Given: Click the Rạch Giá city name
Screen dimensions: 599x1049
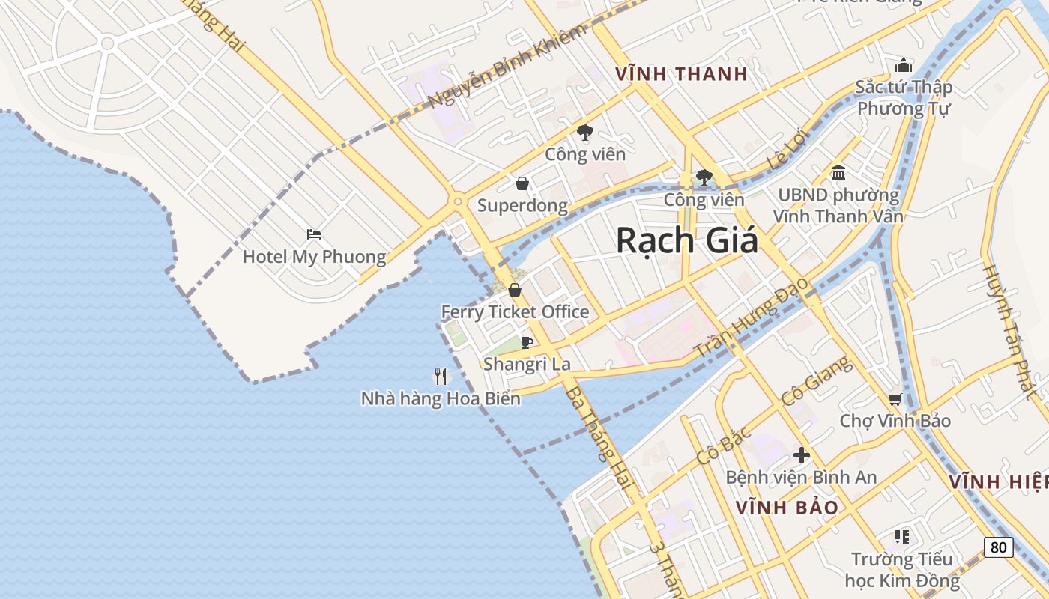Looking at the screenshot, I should click(x=686, y=241).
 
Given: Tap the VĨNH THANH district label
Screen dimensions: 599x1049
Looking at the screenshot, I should click(x=681, y=73).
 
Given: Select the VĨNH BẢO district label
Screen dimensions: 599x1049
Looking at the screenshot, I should click(x=787, y=508).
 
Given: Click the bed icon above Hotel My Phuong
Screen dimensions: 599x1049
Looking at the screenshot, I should click(x=314, y=235).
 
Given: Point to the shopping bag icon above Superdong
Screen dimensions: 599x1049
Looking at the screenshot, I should click(x=522, y=183).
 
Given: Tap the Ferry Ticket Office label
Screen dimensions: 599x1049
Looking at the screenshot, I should click(x=515, y=312).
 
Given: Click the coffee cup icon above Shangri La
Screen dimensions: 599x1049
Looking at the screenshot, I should click(x=527, y=342).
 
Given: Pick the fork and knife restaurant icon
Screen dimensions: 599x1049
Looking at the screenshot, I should click(x=441, y=376).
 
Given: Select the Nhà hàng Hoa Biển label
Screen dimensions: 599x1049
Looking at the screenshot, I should click(x=441, y=398).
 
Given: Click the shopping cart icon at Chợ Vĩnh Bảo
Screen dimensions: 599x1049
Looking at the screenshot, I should click(x=895, y=399).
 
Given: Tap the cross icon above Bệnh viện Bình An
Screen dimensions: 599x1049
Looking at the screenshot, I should click(x=802, y=454).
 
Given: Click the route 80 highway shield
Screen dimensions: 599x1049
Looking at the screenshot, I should click(x=998, y=547).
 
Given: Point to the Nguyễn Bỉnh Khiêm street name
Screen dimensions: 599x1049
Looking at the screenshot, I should click(x=507, y=66).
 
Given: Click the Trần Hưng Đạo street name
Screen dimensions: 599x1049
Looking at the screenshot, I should click(x=752, y=318).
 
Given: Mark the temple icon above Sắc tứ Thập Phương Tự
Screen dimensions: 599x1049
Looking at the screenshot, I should click(x=904, y=65).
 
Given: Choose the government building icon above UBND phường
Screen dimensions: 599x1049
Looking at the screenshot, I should click(x=838, y=173).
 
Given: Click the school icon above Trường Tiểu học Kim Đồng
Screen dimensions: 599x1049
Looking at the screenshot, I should click(x=902, y=536).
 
